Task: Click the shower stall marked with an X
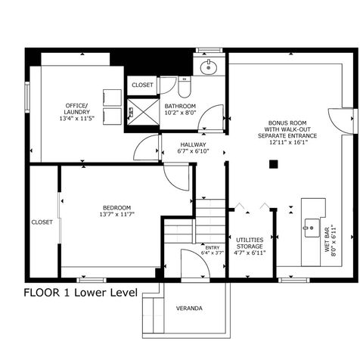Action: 141,111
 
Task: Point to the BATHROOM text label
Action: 181,106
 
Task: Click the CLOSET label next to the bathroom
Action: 142,85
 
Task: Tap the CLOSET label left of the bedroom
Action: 42,222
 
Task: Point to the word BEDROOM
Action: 117,207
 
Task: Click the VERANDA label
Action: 189,309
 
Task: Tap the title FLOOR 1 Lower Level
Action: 80,293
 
